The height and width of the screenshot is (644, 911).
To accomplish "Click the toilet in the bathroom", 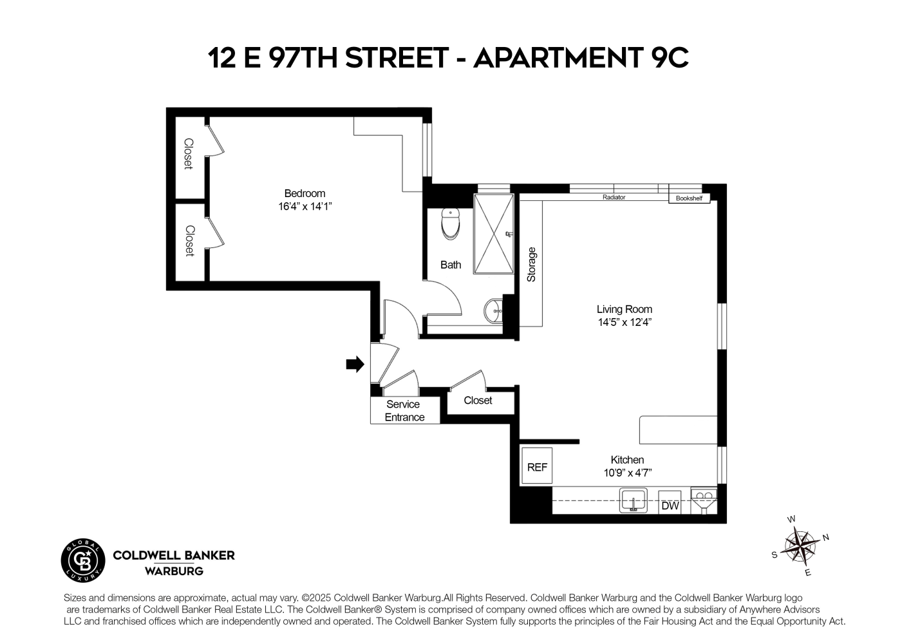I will coord(451,223).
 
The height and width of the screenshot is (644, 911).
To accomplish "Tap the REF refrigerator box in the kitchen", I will coord(536,466).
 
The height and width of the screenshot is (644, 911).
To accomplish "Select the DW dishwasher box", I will coord(670,506).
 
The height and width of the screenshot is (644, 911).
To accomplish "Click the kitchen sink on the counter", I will coord(634,500).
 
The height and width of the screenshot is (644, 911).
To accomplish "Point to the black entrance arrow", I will coord(355,365).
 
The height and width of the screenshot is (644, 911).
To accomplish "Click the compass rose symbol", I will coord(800,546).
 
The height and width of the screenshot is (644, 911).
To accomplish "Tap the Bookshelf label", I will coord(689,198).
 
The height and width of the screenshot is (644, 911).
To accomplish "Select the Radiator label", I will coord(614,197).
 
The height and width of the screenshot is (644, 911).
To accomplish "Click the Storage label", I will coord(531,265).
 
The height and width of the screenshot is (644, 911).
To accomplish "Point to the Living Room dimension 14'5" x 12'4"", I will coord(624,323).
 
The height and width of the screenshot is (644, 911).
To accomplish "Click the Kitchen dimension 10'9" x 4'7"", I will coord(627,473).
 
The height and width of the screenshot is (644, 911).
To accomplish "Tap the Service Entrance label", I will coord(404,411).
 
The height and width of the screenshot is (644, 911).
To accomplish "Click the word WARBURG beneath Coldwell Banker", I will coord(174,571).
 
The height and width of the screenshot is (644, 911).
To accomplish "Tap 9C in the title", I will coord(666,58).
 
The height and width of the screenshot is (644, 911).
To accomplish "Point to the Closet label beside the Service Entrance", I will coord(478,401).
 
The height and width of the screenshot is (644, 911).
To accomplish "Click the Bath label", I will coord(451,265).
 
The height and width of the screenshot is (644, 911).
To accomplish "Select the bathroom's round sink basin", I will coord(494,311).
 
